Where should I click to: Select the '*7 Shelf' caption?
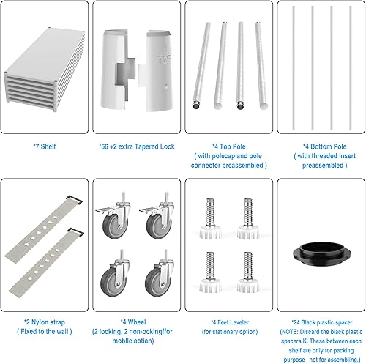46,146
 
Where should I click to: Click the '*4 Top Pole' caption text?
228,146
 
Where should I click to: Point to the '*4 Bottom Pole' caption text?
320,146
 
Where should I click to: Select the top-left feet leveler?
208,214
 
